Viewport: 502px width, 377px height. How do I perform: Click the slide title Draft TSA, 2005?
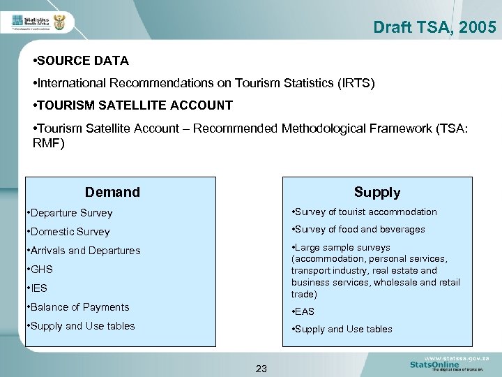434,27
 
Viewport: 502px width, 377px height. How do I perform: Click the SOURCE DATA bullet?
82,61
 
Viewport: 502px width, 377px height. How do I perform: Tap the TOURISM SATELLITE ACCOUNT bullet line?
135,105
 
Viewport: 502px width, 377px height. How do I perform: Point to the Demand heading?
112,192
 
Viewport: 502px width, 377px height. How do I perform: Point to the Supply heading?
376,192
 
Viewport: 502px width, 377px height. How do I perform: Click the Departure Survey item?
70,213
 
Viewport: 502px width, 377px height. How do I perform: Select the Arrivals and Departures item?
84,251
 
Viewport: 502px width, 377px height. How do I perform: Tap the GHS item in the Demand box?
40,269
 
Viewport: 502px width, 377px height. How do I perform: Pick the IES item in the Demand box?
38,288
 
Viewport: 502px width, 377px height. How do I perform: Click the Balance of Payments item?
78,307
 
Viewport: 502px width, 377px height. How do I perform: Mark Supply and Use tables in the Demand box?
81,326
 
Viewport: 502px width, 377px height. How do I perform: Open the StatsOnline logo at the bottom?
435,364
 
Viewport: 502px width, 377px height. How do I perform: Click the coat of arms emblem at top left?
59,24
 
